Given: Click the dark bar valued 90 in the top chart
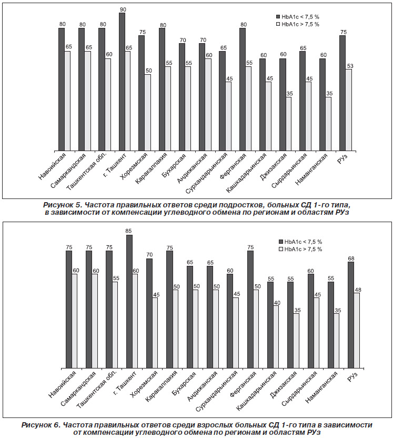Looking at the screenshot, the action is coord(122,82).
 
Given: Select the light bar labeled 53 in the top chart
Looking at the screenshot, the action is coord(349,110).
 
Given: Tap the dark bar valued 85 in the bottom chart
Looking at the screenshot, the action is coord(129,301).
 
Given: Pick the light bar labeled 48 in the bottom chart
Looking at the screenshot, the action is coord(357,330).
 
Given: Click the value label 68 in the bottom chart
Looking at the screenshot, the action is coord(351,258).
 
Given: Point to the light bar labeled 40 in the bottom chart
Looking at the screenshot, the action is coord(276,336).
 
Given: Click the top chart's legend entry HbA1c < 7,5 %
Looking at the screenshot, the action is coord(298,17).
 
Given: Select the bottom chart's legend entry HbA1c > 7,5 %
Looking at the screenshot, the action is coord(300,249).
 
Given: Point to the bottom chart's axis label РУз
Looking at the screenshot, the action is coord(352,376).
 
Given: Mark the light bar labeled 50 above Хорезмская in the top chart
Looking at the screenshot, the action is coord(148,112).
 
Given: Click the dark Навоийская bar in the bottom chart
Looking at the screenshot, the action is coord(69,309).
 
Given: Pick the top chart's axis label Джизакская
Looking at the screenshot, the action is coord(273,165).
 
